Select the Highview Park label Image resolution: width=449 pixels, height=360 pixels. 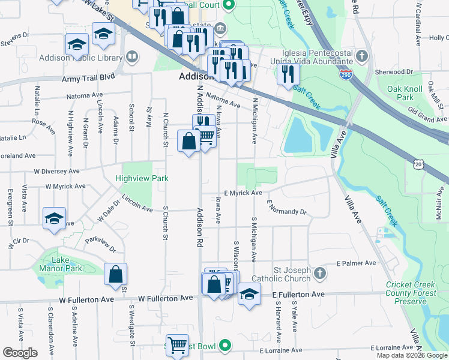[x=142, y=178]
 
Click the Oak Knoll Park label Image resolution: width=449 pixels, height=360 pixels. [x=405, y=93]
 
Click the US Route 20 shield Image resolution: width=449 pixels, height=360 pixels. [x=419, y=163]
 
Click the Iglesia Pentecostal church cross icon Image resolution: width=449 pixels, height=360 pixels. [x=361, y=57]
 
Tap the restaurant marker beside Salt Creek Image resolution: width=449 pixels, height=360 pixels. [x=289, y=74]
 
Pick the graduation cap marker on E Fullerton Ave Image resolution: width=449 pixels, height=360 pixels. [x=249, y=295]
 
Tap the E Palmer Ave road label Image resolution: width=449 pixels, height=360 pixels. [x=357, y=263]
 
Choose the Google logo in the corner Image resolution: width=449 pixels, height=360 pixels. [x=20, y=353]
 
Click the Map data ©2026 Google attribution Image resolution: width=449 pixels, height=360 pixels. [x=411, y=355]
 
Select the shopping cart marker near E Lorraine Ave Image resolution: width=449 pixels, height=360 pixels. [x=177, y=346]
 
